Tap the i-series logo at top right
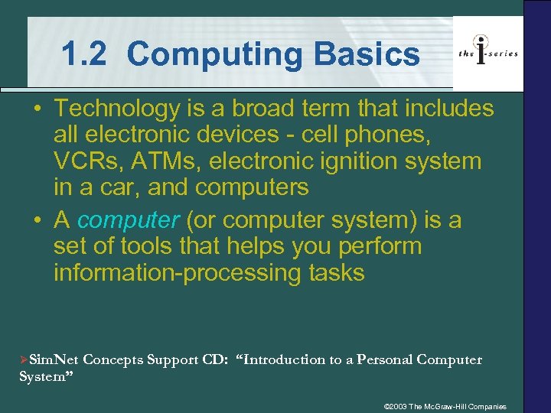click(487, 53)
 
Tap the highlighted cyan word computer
click(128, 220)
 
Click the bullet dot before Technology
click(36, 109)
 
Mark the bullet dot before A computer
click(36, 220)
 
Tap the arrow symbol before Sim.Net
click(23, 360)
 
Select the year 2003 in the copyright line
click(401, 406)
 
